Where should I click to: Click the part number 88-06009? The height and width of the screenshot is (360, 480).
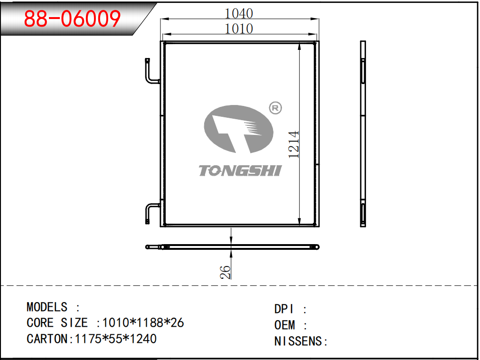pos(72,19)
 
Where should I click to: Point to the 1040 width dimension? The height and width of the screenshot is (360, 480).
pos(239,13)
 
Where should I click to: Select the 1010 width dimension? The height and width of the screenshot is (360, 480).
pos(239,29)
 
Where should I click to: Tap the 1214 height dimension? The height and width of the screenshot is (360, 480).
pos(294,144)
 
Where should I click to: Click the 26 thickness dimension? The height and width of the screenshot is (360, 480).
pos(225,272)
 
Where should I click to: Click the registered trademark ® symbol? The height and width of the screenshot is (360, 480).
pos(275,108)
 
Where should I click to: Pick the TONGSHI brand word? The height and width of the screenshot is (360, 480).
pos(240,171)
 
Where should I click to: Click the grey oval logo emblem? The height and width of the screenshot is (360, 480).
pos(239,129)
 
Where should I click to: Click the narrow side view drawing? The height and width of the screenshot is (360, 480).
pos(363,134)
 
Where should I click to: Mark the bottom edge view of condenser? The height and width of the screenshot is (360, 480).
pos(233,247)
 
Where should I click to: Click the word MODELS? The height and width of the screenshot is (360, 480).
pos(47,307)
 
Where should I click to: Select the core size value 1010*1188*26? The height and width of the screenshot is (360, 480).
pos(143,322)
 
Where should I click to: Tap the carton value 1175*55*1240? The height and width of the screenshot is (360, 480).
pos(116,339)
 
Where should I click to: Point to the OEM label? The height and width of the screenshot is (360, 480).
pos(285,325)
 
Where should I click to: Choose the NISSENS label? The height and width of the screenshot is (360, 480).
pos(298,341)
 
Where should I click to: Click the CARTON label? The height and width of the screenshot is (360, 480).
pos(48,339)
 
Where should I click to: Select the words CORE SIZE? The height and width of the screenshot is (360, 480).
pos(57,322)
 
